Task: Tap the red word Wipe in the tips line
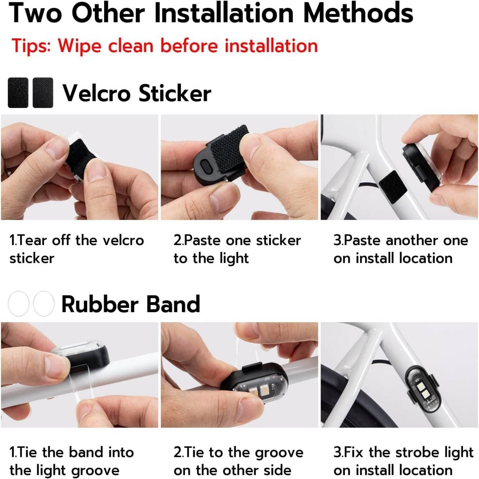79,46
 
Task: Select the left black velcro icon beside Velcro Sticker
18,93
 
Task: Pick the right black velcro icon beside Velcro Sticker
43,93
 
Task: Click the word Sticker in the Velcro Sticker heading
175,93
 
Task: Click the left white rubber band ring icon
19,303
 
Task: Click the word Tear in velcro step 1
32,240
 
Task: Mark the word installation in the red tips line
271,46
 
